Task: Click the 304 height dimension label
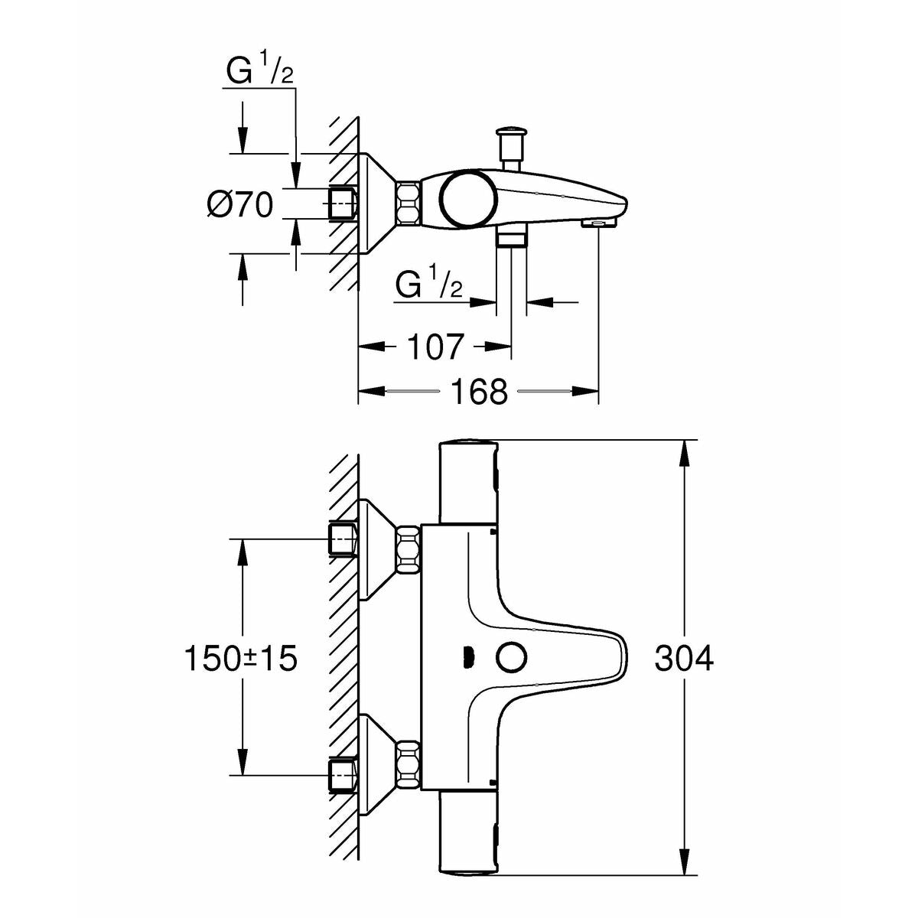pyautogui.click(x=683, y=659)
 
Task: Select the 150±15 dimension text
pyautogui.click(x=240, y=659)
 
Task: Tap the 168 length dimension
pyautogui.click(x=478, y=392)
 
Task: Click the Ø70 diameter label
pyautogui.click(x=240, y=204)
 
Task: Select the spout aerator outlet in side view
pyautogui.click(x=598, y=223)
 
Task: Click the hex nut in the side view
pyautogui.click(x=408, y=203)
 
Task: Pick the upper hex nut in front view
pyautogui.click(x=408, y=549)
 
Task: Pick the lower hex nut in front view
pyautogui.click(x=408, y=766)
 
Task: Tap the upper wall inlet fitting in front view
pyautogui.click(x=343, y=540)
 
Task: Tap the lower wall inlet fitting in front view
pyautogui.click(x=343, y=774)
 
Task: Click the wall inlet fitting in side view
pyautogui.click(x=343, y=203)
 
